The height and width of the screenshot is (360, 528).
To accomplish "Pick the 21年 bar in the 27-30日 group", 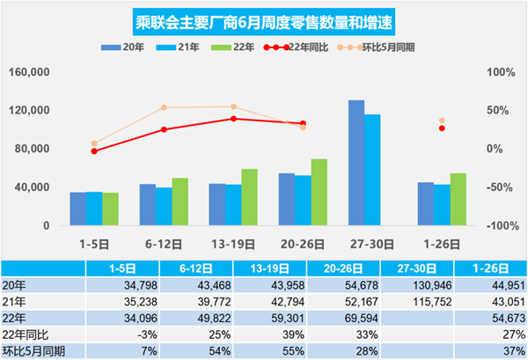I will coord(372,170).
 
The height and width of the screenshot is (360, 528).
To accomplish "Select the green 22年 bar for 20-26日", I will coord(319,192).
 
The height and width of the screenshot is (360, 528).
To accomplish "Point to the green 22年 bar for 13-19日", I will coord(250,197).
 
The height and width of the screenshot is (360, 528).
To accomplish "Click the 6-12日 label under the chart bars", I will coord(165,240).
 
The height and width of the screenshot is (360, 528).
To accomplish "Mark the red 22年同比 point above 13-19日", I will coord(233,119).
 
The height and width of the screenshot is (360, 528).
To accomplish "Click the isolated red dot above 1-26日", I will coord(442,129).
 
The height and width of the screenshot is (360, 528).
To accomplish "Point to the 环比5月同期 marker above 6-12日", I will coord(165,108).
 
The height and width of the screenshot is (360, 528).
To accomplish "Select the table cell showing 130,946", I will coord(419,285).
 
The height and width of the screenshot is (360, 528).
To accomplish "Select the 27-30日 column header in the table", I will coord(419,268).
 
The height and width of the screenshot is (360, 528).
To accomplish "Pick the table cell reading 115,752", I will coord(419,302).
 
